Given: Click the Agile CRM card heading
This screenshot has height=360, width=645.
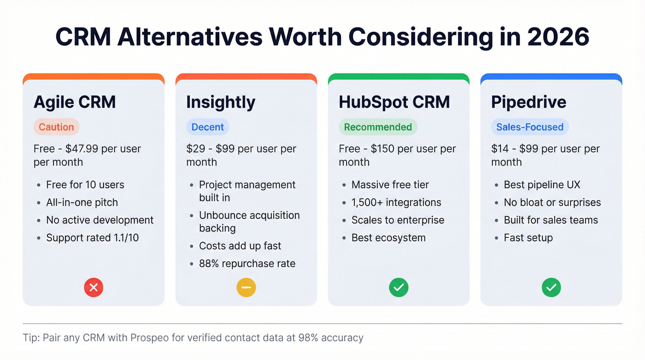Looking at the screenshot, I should [x=75, y=102].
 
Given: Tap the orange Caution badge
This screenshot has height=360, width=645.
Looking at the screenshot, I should [x=56, y=127].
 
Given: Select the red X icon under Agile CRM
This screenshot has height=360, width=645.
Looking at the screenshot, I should [x=94, y=288].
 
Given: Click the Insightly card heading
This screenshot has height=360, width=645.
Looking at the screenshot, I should [x=221, y=102].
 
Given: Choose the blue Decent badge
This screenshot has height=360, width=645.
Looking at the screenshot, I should [x=207, y=127].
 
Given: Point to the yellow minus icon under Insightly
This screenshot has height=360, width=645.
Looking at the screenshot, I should [x=246, y=288].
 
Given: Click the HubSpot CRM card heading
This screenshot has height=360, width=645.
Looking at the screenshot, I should [x=394, y=102].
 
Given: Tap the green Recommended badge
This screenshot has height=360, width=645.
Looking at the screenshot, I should [x=378, y=127].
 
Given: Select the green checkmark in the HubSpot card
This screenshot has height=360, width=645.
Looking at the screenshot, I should [x=399, y=288].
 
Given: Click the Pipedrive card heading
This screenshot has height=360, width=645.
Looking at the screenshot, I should [x=528, y=102].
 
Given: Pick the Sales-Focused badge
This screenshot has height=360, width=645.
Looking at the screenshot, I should [x=530, y=127].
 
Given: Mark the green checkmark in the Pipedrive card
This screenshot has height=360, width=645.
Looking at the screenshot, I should [x=551, y=288].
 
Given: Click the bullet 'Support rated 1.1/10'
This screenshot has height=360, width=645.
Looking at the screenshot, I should [x=92, y=238].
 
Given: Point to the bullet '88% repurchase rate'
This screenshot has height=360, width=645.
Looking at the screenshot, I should [x=247, y=264].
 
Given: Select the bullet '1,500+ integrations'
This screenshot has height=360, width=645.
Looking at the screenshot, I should [x=396, y=202].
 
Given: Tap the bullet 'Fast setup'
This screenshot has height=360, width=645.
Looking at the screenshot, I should [x=528, y=238].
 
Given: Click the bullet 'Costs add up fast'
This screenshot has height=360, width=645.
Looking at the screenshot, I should [x=240, y=246].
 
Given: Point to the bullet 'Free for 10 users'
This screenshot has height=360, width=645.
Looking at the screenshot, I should [x=85, y=185].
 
